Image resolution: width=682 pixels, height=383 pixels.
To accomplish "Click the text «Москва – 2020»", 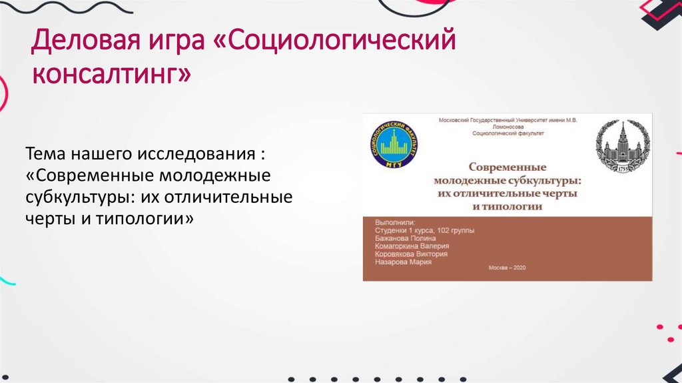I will (508, 268).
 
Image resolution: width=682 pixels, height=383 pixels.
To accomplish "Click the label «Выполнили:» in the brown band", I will (394, 222).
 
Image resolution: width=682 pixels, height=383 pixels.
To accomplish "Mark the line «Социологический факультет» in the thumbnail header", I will (508, 133).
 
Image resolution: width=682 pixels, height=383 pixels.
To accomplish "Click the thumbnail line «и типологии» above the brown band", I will (508, 206).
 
